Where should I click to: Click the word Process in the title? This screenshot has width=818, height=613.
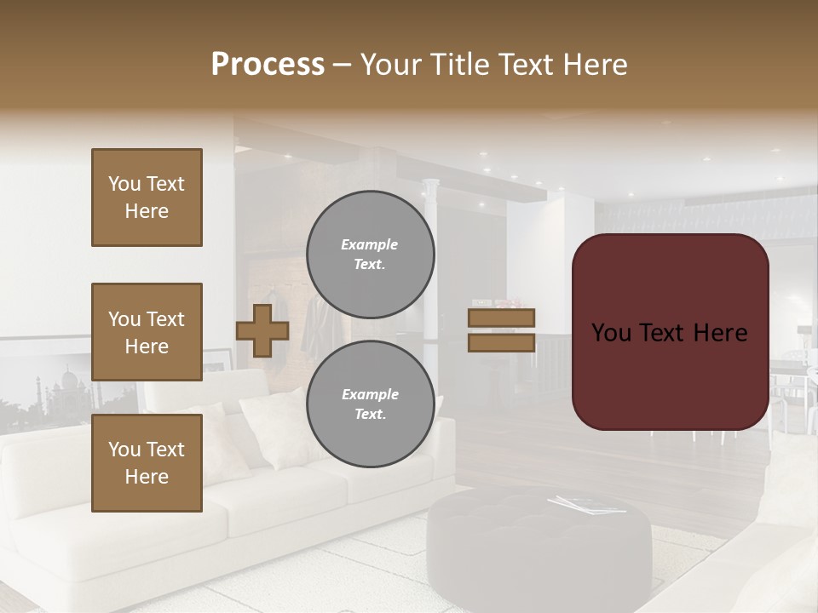[x=268, y=65]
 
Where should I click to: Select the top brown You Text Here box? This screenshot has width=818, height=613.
[x=147, y=198]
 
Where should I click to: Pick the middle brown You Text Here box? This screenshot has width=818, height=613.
[x=147, y=332]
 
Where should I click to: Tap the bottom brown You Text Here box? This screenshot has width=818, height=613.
[x=147, y=463]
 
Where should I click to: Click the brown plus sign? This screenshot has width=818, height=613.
[x=262, y=331]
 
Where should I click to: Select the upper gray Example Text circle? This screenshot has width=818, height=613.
[x=370, y=254]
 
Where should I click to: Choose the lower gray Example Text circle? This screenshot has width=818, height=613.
[x=370, y=404]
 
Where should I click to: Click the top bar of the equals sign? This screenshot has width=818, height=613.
[x=501, y=318]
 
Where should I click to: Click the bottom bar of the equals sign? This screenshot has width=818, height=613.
[x=501, y=342]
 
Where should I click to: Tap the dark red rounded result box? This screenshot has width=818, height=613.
[x=670, y=332]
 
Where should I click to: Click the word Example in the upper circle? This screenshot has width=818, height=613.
[x=370, y=244]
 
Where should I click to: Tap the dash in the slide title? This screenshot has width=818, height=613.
[x=342, y=65]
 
